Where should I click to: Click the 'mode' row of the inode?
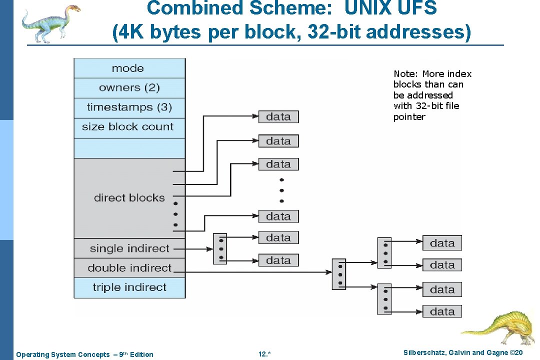(x=129, y=68)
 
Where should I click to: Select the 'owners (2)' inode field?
(x=129, y=88)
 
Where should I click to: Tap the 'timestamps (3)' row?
(x=129, y=107)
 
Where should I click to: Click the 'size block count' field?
(x=129, y=127)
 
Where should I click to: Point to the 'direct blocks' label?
(x=129, y=198)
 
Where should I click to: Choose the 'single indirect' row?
(x=129, y=248)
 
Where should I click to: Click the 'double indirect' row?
(x=129, y=268)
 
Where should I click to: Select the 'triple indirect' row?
(x=129, y=287)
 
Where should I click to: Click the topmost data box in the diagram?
(x=278, y=117)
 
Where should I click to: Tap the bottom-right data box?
(x=442, y=311)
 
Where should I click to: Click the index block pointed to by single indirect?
(x=219, y=248)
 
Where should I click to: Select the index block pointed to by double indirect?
(x=339, y=274)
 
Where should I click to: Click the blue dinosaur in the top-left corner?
(x=50, y=22)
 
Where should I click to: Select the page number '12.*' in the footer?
(x=264, y=354)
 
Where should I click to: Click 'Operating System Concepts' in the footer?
(x=63, y=354)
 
